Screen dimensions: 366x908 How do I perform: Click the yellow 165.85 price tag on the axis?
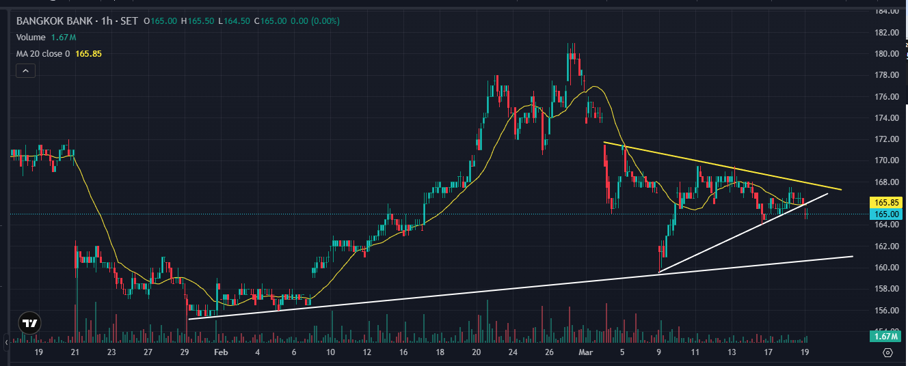(886, 203)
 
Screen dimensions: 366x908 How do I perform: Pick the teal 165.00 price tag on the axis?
(886, 214)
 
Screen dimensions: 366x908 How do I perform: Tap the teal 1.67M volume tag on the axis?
(886, 336)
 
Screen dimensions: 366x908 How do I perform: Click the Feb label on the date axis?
(220, 352)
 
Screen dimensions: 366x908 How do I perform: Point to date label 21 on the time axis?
(75, 352)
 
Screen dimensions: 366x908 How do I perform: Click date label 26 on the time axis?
(549, 352)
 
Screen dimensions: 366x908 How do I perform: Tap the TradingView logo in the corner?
(29, 323)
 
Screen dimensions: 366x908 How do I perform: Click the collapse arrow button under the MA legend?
(25, 70)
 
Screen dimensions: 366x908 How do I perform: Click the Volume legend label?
(31, 38)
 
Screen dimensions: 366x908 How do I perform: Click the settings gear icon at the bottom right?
(887, 352)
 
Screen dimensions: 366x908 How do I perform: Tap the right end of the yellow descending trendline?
(840, 189)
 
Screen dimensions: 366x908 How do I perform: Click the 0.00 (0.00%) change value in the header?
(315, 21)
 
